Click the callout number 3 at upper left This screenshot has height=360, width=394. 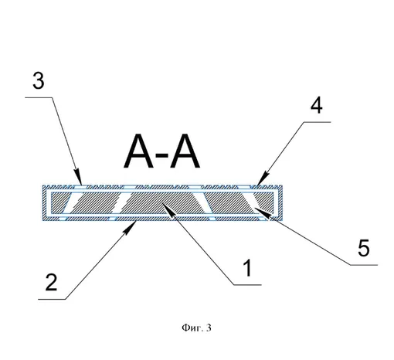(39, 80)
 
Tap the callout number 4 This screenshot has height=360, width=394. (316, 105)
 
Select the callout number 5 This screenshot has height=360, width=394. (364, 247)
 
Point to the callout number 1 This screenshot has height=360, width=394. (247, 268)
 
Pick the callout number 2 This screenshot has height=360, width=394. (51, 282)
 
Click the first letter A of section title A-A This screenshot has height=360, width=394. (139, 151)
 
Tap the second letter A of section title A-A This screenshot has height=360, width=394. (185, 151)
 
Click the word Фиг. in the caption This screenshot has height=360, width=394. (191, 328)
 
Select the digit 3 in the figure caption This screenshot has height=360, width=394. (209, 328)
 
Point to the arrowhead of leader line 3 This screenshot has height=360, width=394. (79, 177)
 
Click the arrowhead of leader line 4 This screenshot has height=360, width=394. (263, 179)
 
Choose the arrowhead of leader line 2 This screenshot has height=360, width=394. (131, 228)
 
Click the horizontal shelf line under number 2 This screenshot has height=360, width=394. (52, 299)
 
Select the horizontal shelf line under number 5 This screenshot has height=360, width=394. (364, 265)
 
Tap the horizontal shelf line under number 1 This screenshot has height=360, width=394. (247, 285)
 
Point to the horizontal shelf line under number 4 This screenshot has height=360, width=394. (317, 122)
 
